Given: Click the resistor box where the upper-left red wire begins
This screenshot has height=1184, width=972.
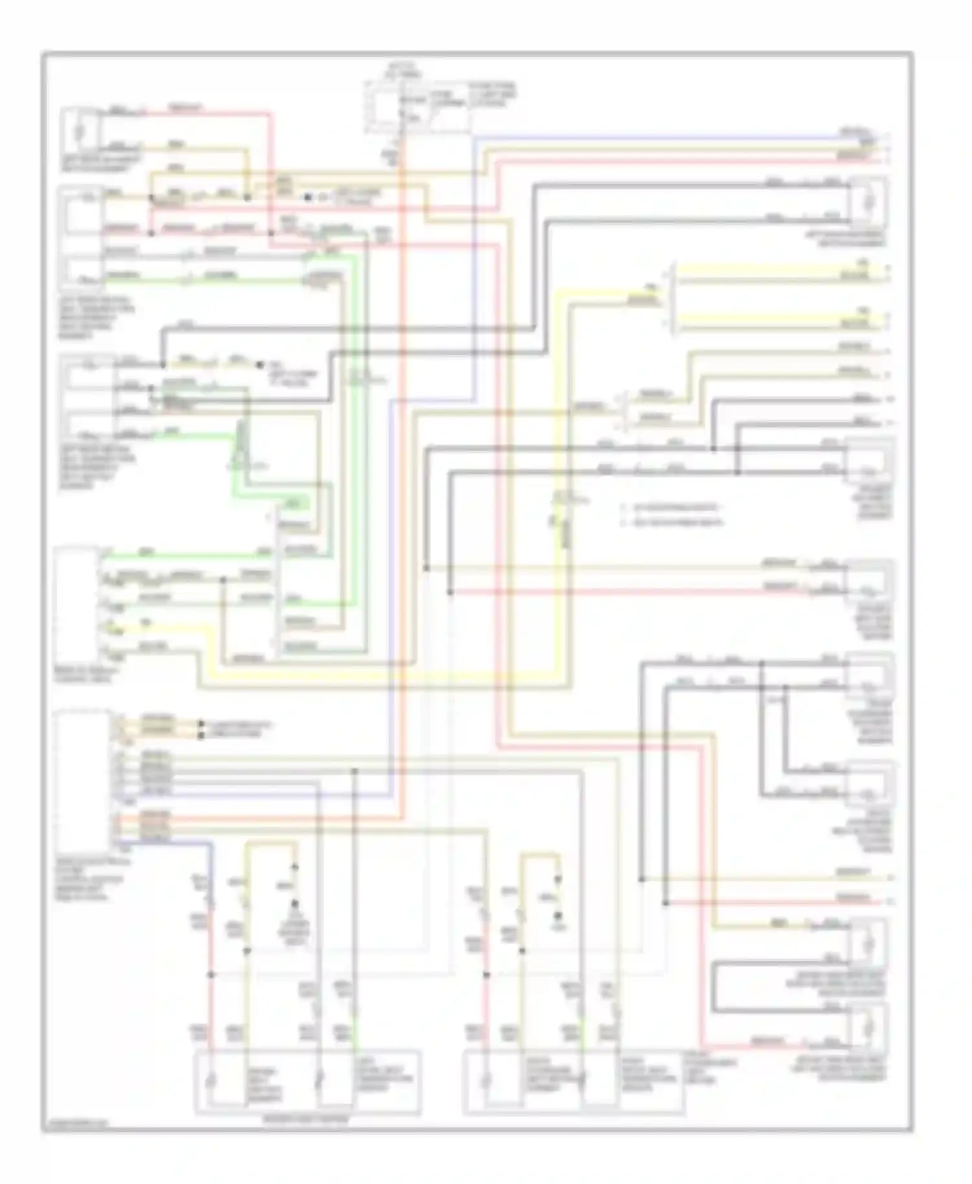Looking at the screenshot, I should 79,131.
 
